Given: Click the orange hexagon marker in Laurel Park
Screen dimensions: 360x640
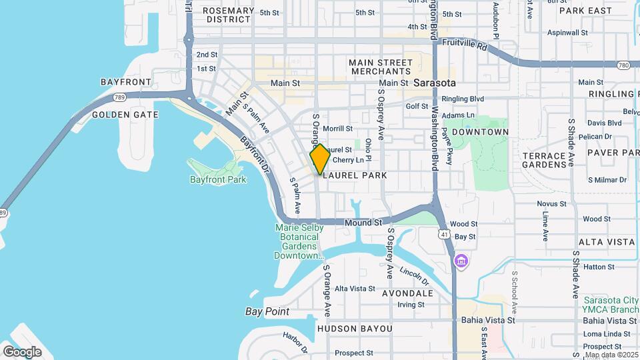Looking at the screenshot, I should click(319, 159).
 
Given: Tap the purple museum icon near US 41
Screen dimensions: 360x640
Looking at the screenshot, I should click(460, 261).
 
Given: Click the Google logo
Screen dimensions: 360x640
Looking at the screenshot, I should click(22, 352).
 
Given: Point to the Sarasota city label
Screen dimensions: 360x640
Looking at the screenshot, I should click(434, 83).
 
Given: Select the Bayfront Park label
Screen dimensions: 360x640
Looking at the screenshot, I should click(218, 179).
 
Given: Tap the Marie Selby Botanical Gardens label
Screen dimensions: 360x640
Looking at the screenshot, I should click(299, 241).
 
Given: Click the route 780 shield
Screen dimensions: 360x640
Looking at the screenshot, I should click(623, 65).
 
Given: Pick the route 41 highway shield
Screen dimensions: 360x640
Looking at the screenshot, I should click(443, 234).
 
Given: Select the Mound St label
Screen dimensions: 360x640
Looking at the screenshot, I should click(363, 222).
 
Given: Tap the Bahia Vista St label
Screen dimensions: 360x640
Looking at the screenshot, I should click(488, 320).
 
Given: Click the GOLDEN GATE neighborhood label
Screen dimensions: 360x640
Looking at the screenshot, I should click(125, 115).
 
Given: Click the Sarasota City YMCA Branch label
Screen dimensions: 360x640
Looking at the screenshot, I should click(610, 305).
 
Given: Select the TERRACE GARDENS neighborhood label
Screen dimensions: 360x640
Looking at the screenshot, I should click(543, 160).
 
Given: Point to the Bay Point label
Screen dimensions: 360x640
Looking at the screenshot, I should click(267, 311).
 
